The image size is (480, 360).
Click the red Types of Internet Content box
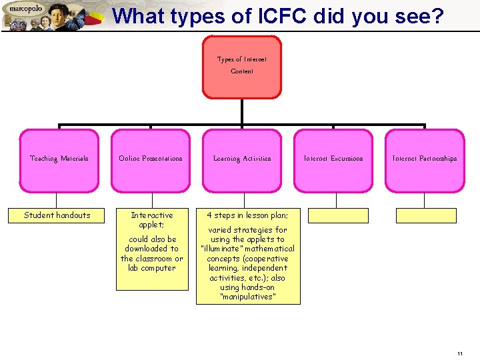tap(241, 66)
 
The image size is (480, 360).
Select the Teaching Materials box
tap(59, 159)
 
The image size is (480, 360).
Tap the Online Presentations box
tap(151, 159)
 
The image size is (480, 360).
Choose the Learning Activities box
tap(242, 159)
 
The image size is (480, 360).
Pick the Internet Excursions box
tap(333, 159)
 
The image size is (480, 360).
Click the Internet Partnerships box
tap(425, 159)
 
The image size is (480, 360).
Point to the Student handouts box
tap(57, 215)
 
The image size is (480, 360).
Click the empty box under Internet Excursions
tap(338, 215)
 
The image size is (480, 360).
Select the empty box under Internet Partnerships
tap(426, 215)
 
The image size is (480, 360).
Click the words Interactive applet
tap(151, 219)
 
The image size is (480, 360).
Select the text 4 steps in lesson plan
tap(247, 215)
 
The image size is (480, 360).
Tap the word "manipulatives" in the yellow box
tap(247, 297)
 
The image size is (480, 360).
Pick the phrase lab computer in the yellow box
tap(151, 268)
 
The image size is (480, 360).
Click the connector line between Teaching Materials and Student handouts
tap(57, 200)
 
